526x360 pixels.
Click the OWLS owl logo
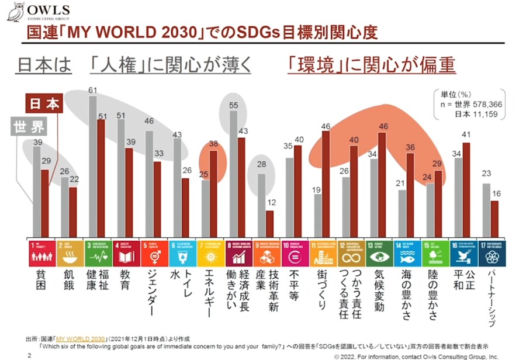(x=16, y=12)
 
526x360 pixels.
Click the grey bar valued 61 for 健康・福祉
(x=92, y=167)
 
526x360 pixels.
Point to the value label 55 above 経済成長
(x=233, y=105)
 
